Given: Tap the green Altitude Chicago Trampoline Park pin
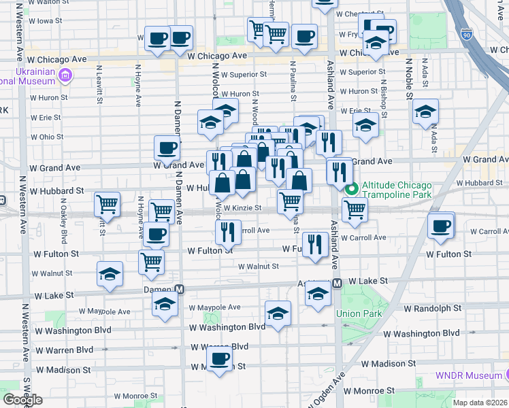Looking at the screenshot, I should pyautogui.click(x=351, y=190).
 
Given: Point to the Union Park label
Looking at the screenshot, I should pyautogui.click(x=354, y=313).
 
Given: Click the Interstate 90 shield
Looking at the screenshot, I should pyautogui.click(x=466, y=33).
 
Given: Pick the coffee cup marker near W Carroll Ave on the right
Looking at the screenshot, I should pyautogui.click(x=441, y=225).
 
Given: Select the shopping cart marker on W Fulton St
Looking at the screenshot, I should pyautogui.click(x=151, y=260).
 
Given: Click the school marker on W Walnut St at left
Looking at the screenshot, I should pyautogui.click(x=110, y=273).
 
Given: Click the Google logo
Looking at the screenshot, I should pyautogui.click(x=22, y=400).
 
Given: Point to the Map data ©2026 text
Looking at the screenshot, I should pyautogui.click(x=480, y=403).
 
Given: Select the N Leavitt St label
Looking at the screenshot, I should pyautogui.click(x=99, y=84).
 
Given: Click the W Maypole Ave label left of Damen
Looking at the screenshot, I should pyautogui.click(x=109, y=311).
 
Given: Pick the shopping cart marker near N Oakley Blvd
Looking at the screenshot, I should pyautogui.click(x=108, y=203).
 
